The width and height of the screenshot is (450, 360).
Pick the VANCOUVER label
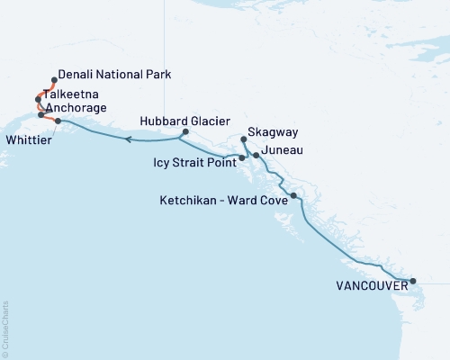pyautogui.click(x=369, y=286)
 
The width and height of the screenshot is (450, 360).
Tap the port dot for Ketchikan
pyautogui.click(x=293, y=195)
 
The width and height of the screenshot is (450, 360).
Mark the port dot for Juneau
pyautogui.click(x=256, y=156)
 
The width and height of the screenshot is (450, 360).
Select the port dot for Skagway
pyautogui.click(x=245, y=139)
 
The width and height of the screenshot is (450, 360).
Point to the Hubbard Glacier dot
pyautogui.click(x=184, y=132)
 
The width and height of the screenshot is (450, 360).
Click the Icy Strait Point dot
pyautogui.click(x=242, y=158)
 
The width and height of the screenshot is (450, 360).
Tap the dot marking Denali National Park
pyautogui.click(x=54, y=79)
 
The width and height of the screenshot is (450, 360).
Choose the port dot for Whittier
pyautogui.click(x=58, y=121)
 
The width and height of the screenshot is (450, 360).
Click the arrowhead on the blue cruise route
pyautogui.click(x=129, y=139)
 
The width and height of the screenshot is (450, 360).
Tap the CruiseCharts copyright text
pyautogui.click(x=5, y=328)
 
